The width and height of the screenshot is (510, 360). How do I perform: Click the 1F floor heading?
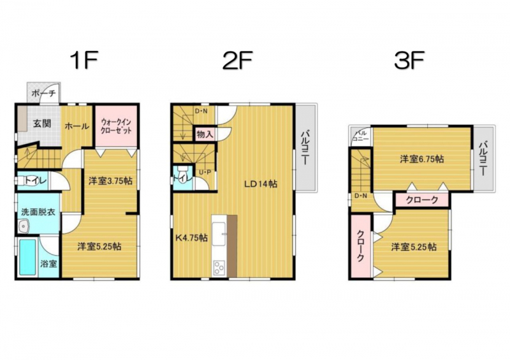84,61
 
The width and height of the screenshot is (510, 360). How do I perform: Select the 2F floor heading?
237,61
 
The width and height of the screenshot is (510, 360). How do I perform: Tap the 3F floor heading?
409,61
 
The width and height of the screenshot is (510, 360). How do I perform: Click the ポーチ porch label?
43,93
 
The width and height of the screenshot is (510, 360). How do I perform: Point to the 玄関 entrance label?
42,124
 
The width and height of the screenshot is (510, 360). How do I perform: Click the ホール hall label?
76,126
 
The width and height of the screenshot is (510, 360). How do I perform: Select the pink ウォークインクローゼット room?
116,126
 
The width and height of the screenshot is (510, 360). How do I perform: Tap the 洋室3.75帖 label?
110,181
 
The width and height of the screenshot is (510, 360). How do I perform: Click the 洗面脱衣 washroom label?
38,212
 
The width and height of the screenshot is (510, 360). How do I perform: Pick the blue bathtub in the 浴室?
27,257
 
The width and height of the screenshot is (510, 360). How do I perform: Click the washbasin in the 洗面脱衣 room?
24,226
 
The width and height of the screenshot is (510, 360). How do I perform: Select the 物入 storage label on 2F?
205,134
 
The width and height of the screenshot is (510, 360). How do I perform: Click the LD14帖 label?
261,184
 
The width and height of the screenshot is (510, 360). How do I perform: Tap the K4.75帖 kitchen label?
191,238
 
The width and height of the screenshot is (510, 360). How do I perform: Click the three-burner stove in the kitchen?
219,269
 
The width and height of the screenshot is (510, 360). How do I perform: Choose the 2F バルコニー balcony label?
305,148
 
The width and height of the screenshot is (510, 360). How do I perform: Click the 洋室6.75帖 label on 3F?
422,159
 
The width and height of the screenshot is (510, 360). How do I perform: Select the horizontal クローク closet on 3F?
422,200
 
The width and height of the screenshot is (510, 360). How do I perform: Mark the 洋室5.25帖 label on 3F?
414,247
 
